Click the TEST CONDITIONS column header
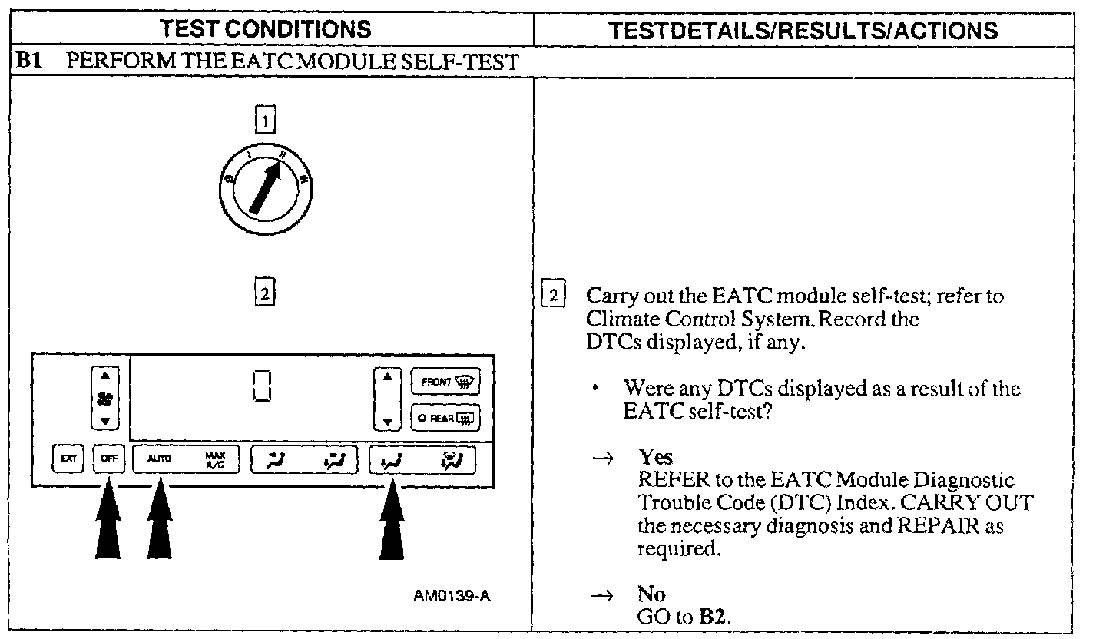266,30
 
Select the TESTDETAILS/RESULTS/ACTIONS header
803,30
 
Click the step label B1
28,61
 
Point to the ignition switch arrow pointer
266,187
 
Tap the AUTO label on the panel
159,459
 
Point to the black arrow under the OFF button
108,521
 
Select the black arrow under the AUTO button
159,521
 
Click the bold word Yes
655,459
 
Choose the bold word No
651,594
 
